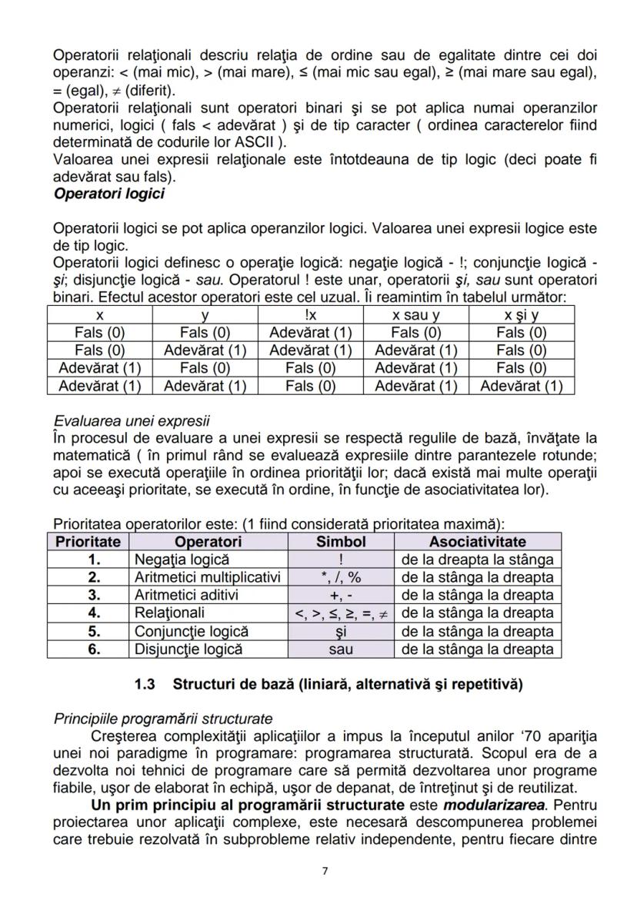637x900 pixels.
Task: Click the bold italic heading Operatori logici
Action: pos(108,194)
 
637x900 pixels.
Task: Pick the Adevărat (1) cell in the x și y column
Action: pos(521,386)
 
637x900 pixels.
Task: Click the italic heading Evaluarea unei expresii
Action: pos(132,422)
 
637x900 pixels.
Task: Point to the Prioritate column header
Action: pos(88,542)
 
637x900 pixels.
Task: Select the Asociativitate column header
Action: pos(477,542)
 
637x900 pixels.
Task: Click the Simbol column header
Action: pos(341,542)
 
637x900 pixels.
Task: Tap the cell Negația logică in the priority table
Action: pos(182,560)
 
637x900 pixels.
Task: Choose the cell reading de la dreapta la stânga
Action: pos(477,560)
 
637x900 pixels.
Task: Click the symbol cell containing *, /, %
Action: pos(341,577)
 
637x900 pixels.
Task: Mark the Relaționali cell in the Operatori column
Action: pos(169,613)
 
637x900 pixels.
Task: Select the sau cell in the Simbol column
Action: pos(341,649)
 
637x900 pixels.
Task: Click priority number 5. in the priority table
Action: pos(94,631)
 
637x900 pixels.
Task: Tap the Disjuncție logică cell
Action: pos(188,649)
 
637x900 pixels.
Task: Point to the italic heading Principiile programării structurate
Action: pos(162,719)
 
